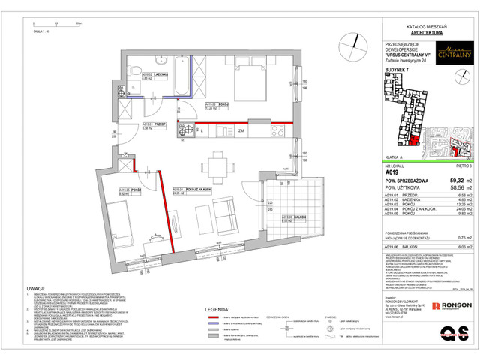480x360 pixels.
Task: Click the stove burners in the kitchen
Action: (184, 132)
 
